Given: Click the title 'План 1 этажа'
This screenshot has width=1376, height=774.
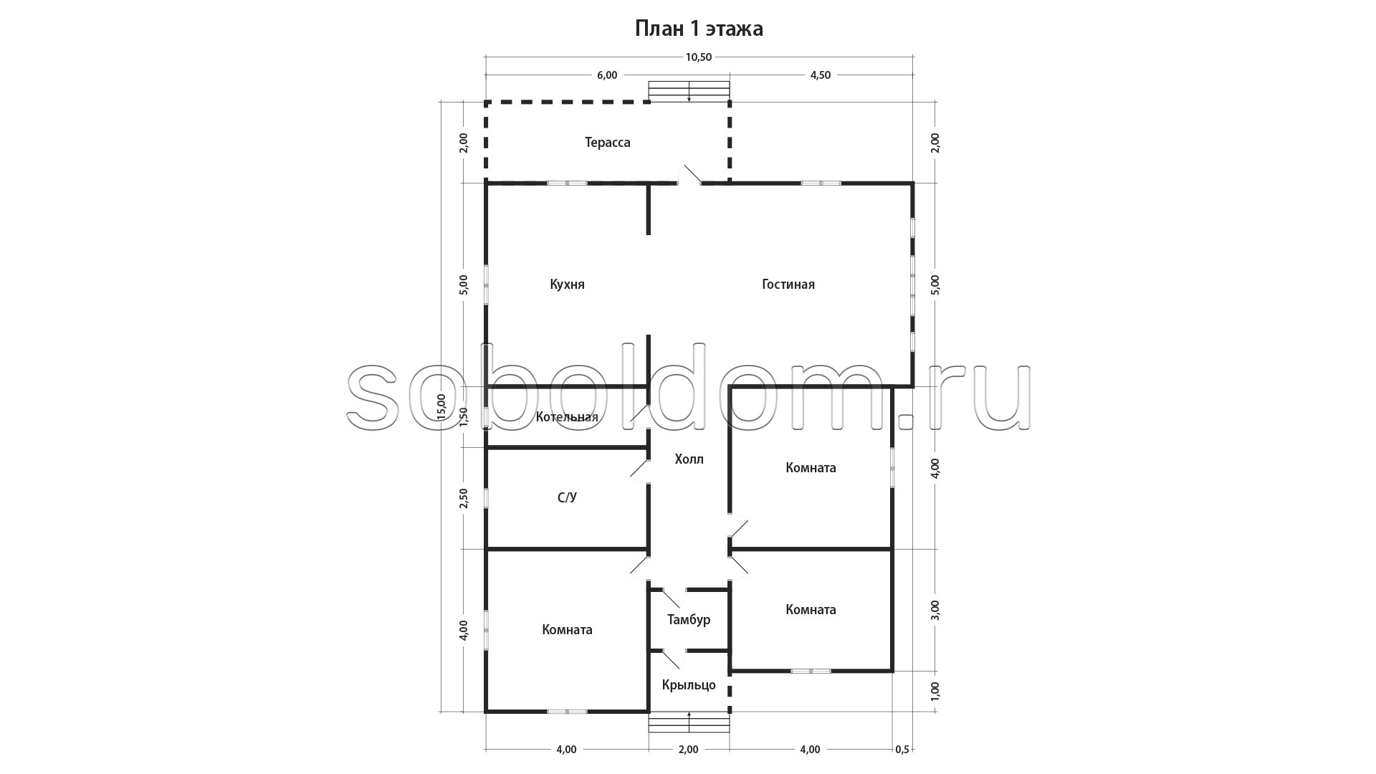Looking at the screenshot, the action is point(699,29).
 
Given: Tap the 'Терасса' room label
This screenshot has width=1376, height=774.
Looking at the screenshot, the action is point(608,143).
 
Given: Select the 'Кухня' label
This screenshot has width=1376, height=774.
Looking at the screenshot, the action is point(568,285).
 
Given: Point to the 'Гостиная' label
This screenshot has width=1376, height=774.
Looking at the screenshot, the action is point(788,285).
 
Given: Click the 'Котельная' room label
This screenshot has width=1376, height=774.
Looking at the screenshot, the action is point(567,417).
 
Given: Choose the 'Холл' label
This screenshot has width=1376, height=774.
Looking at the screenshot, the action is point(689,459).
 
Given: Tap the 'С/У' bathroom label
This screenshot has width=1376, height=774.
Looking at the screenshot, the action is point(567,497).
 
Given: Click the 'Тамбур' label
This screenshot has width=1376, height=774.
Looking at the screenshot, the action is point(689,619).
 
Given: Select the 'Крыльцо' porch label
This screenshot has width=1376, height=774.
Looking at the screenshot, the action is point(689,685).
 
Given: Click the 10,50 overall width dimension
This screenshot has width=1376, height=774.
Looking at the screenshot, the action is point(699,57).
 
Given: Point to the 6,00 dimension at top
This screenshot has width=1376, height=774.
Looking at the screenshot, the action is point(606,75).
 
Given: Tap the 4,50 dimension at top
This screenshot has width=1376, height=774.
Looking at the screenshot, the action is point(821,75).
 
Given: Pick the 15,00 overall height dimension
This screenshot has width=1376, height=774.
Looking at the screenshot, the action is point(441,406).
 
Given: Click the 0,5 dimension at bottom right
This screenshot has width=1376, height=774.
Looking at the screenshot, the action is point(902,750).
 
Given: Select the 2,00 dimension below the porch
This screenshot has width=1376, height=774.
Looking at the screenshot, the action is point(688,750).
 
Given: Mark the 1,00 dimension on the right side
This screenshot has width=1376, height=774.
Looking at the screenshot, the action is point(935,692).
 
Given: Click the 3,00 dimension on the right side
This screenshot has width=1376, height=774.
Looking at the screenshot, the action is point(935,610).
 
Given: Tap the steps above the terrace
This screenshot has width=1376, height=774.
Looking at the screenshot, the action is point(689,92).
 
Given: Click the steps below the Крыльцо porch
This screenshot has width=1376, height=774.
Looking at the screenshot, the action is point(689,722).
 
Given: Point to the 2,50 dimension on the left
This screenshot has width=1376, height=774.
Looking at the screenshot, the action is point(464,498).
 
